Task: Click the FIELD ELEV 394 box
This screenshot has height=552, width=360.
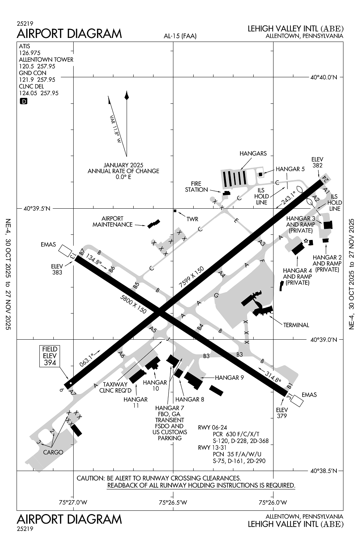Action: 50,356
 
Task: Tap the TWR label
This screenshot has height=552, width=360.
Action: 192,219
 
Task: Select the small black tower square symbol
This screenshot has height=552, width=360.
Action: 175,211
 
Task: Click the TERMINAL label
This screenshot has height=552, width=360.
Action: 296,325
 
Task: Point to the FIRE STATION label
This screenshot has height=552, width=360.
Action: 196,187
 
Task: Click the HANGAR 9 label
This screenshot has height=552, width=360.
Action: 229,377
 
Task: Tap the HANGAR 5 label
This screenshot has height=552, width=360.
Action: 290,169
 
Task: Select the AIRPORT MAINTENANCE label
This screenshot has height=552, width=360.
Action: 112,222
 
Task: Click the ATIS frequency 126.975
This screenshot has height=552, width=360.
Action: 29,53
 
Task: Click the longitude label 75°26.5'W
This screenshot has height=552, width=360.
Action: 173,502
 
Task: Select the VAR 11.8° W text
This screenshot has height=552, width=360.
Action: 115,128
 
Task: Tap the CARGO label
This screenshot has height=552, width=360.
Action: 53,452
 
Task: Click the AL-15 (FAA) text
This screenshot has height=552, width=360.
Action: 180,36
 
